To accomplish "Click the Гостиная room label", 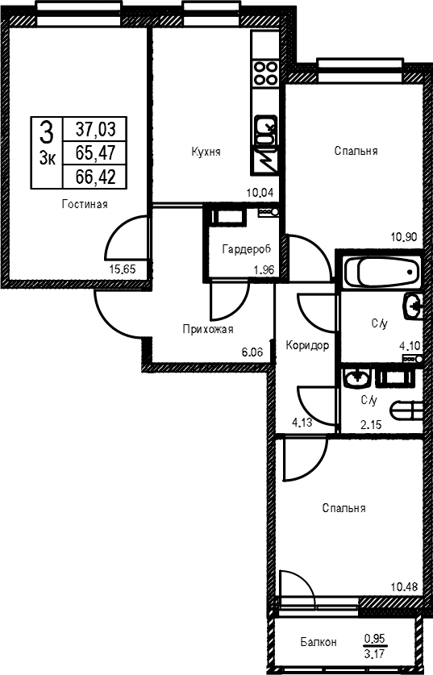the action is [85, 203].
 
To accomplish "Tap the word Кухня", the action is [206, 152].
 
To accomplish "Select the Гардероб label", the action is [247, 249].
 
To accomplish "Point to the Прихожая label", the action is [208, 329].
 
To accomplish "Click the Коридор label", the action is [307, 345].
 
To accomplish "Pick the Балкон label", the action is [319, 642].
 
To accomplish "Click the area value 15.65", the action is [123, 269].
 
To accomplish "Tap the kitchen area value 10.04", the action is [260, 192].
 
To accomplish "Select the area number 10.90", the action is [404, 236].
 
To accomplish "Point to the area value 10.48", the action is [404, 586].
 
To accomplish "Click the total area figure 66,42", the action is [96, 177].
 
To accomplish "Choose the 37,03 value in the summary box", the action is [96, 128].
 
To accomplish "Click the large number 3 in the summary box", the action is [47, 132].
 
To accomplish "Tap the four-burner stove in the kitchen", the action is [264, 73].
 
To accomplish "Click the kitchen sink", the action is [264, 130].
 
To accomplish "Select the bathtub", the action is [381, 272].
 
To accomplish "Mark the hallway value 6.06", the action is [252, 352].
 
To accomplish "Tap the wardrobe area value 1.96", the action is [264, 270].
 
